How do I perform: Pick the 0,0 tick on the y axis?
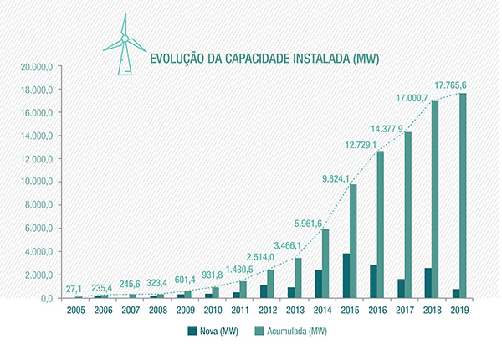click(x=44, y=297)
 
